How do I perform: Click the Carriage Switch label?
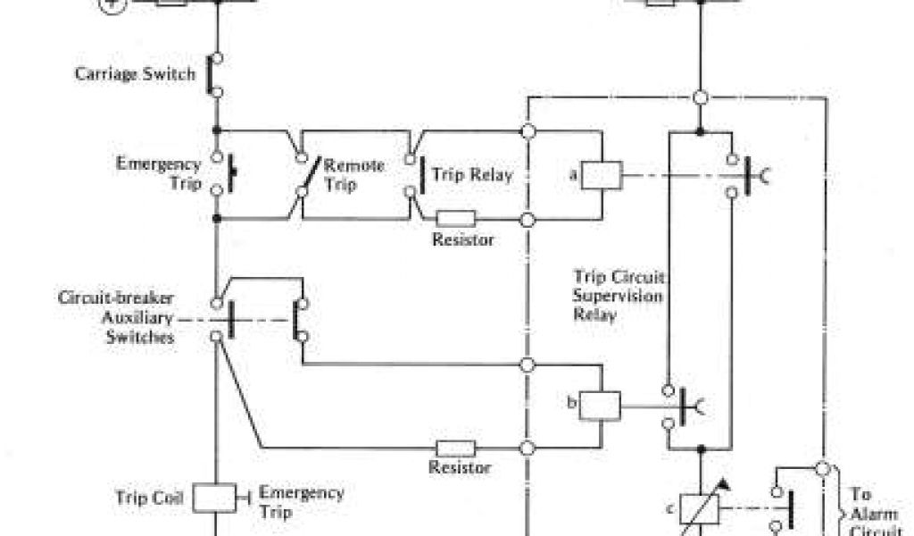(135, 73)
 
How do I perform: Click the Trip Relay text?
(472, 175)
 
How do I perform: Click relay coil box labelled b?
(600, 406)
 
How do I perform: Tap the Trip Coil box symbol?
(214, 498)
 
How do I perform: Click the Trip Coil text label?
(149, 497)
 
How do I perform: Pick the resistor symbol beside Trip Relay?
(456, 218)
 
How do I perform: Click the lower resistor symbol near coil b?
(454, 447)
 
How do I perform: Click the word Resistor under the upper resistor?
(462, 239)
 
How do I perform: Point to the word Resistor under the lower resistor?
(460, 467)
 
